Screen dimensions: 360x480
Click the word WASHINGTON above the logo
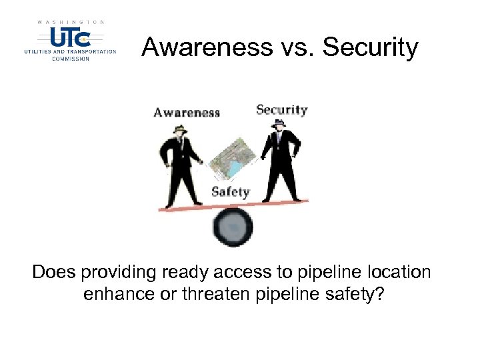[x=71, y=22]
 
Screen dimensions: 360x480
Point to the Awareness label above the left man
[x=187, y=112]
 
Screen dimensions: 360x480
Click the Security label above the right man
[x=281, y=110]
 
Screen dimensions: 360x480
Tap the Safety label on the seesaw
[x=230, y=192]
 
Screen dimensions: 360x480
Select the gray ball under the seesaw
[x=233, y=227]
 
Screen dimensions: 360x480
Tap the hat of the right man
[x=279, y=124]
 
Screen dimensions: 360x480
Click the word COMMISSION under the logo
[x=70, y=59]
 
